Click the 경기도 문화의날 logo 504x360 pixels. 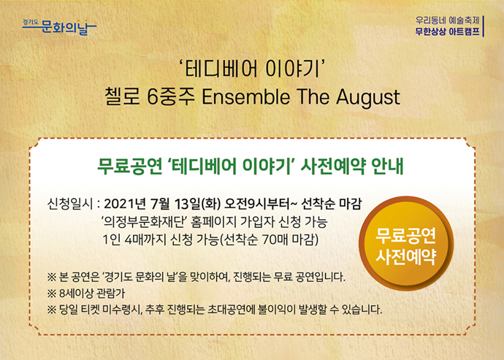point(59,27)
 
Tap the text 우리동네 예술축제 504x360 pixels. point(448,21)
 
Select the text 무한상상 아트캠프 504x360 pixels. point(448,32)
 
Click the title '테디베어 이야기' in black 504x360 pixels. point(252,69)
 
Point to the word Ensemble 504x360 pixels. point(246,96)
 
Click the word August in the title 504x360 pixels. point(368,97)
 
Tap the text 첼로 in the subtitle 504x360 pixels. point(122,96)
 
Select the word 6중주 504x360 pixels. point(171,96)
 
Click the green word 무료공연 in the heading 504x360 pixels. point(130,166)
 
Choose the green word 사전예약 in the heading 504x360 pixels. point(332,166)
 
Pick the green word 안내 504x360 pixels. point(387,166)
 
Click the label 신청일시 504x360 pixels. point(70,204)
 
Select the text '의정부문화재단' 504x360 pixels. point(144,221)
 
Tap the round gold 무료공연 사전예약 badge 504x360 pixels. point(406,243)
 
